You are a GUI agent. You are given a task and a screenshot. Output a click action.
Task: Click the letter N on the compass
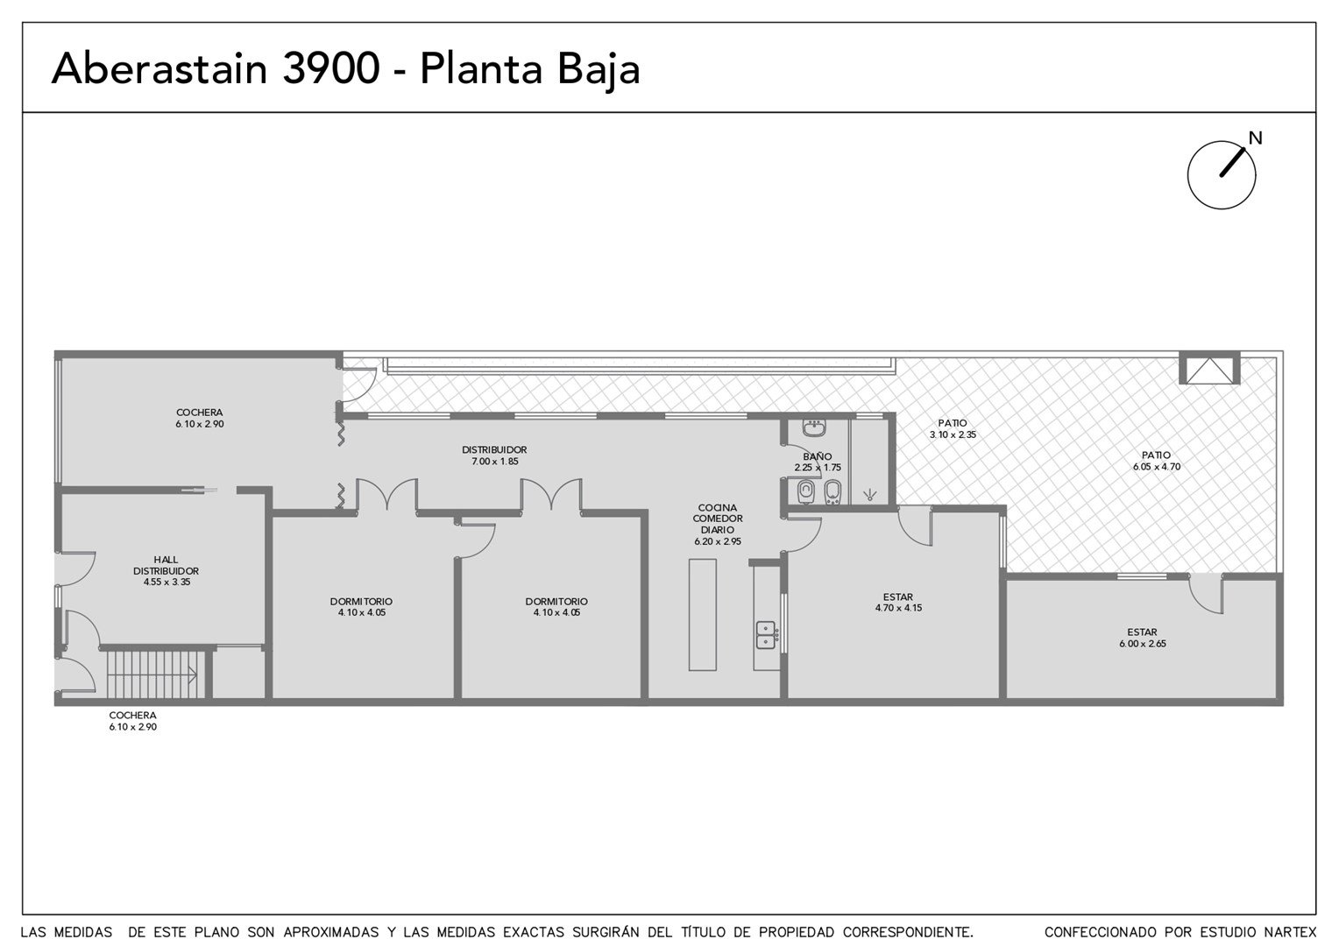pyautogui.click(x=1255, y=138)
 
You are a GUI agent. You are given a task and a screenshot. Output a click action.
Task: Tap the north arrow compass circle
pyautogui.click(x=1187, y=175)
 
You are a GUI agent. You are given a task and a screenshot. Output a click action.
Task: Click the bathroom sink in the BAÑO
pyautogui.click(x=813, y=427)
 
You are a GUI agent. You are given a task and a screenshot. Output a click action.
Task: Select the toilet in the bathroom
pyautogui.click(x=806, y=492)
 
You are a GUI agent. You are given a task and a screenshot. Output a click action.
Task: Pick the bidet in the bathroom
pyautogui.click(x=832, y=492)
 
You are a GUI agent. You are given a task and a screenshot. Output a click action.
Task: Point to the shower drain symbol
pyautogui.click(x=870, y=494)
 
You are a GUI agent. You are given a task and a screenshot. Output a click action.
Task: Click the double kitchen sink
pyautogui.click(x=766, y=635)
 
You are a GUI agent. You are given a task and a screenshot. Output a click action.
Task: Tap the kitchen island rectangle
pyautogui.click(x=703, y=615)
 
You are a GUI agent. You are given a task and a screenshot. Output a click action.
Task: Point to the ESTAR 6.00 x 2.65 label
pyautogui.click(x=1143, y=638)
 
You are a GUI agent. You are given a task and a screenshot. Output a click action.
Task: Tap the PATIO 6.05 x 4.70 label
pyautogui.click(x=1157, y=461)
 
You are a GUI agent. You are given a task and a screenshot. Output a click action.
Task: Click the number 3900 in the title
pyautogui.click(x=330, y=68)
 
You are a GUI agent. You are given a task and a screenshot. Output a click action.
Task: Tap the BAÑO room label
pyautogui.click(x=817, y=456)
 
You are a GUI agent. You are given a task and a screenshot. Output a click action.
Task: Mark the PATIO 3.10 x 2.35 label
pyautogui.click(x=953, y=428)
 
